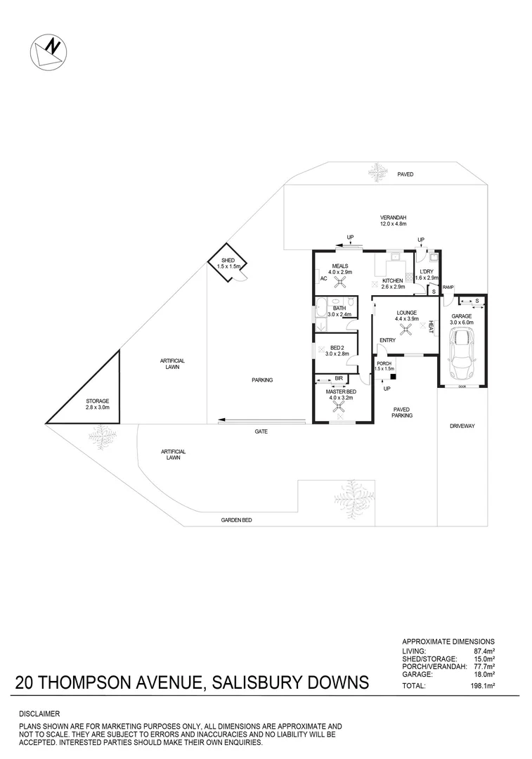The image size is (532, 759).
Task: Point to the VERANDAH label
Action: tap(394, 217)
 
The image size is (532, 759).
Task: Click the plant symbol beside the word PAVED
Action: tap(378, 171)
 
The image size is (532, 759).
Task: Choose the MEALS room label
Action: tap(340, 266)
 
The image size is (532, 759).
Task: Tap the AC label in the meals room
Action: tap(323, 279)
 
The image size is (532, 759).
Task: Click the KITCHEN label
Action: tap(392, 280)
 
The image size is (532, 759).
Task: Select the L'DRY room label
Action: tap(426, 272)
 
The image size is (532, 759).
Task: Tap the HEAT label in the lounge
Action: tap(430, 326)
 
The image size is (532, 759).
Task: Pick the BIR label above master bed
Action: tap(339, 378)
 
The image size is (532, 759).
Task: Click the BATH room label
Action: tap(339, 308)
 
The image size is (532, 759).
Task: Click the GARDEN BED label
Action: tap(236, 520)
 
